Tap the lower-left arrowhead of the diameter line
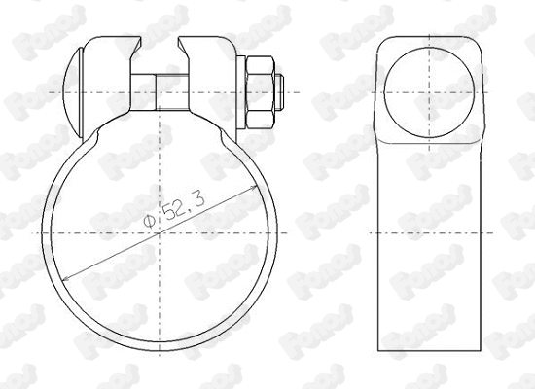pyautogui.click(x=66, y=279)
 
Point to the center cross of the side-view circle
pyautogui.click(x=428, y=92)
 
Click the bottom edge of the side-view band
pyautogui.click(x=428, y=349)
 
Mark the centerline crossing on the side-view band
pyautogui.click(x=428, y=232)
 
